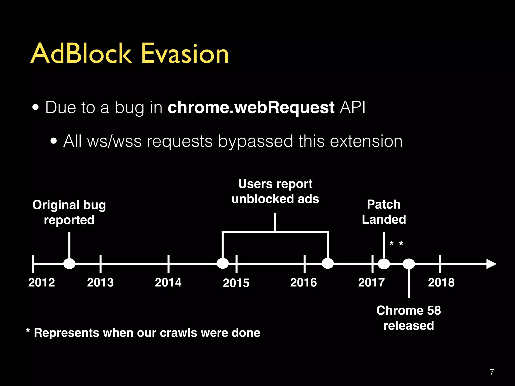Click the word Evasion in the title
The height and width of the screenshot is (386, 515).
[x=185, y=53]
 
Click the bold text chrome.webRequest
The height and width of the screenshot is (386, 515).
[x=251, y=108]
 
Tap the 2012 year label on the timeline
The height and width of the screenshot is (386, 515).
[x=41, y=282]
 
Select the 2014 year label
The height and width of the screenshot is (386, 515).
[x=168, y=282]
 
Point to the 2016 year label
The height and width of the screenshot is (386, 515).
[x=304, y=282]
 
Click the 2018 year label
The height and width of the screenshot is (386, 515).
[x=441, y=282]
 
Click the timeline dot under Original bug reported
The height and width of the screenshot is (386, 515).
[x=69, y=264]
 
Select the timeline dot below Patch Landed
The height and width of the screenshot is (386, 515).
[x=384, y=264]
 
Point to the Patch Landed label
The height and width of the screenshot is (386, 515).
[x=384, y=212]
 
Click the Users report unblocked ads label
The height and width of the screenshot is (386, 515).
[x=275, y=191]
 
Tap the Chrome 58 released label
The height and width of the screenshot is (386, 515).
[x=409, y=318]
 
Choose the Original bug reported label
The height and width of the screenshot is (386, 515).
[x=69, y=212]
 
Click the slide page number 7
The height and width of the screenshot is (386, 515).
[x=492, y=372]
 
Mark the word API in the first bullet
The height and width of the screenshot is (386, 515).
[x=352, y=108]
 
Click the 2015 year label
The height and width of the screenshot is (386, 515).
[x=236, y=283]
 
